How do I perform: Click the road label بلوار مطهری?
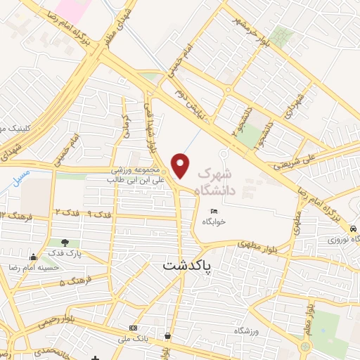[258, 246]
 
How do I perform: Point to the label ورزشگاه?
[257, 330]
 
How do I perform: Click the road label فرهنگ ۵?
[71, 283]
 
